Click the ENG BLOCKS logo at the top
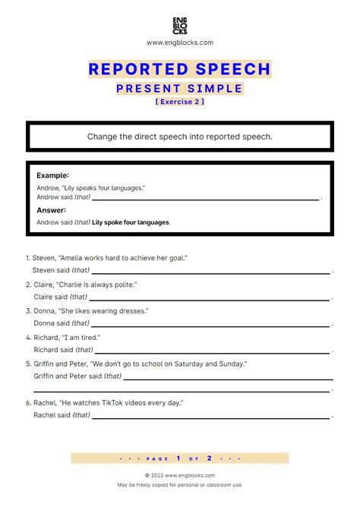point(179,26)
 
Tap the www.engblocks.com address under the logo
point(179,43)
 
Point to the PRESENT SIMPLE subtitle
point(179,89)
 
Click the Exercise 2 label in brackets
point(179,102)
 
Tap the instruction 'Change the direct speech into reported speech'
point(180,137)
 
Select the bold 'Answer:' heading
point(51,210)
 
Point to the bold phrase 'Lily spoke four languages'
point(131,223)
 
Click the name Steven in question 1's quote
point(44,258)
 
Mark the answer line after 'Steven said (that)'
point(211,272)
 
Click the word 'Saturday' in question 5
point(176,364)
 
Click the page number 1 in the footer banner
point(178,458)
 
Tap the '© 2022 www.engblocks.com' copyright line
point(179,475)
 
